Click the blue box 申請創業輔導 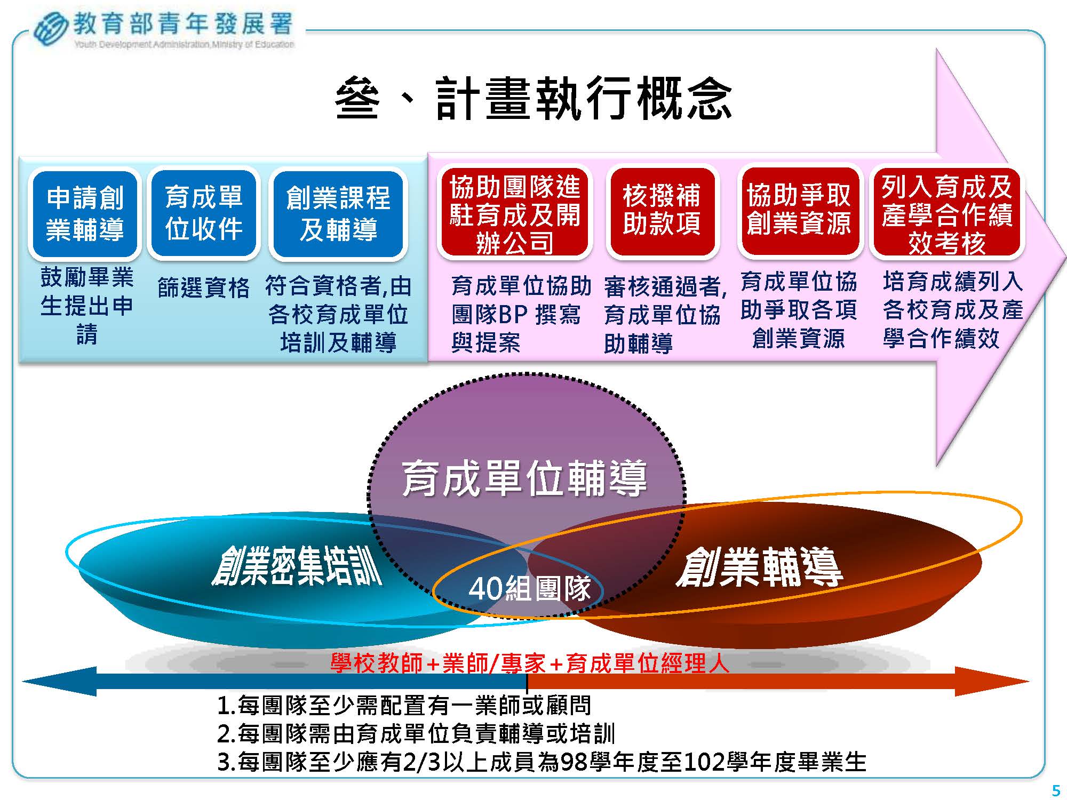tap(85, 213)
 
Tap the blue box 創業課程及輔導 tap(338, 213)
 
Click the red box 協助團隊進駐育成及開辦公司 tap(514, 213)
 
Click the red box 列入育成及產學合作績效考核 tap(947, 212)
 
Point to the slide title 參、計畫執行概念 tap(533, 99)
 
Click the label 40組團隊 tap(530, 588)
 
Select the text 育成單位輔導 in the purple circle tap(524, 478)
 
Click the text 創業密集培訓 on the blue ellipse tap(297, 566)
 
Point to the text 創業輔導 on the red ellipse tap(759, 567)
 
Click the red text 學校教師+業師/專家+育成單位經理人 tap(530, 663)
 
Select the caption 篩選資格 tap(204, 288)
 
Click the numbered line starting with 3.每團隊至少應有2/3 tap(542, 762)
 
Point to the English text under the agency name tap(184, 44)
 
